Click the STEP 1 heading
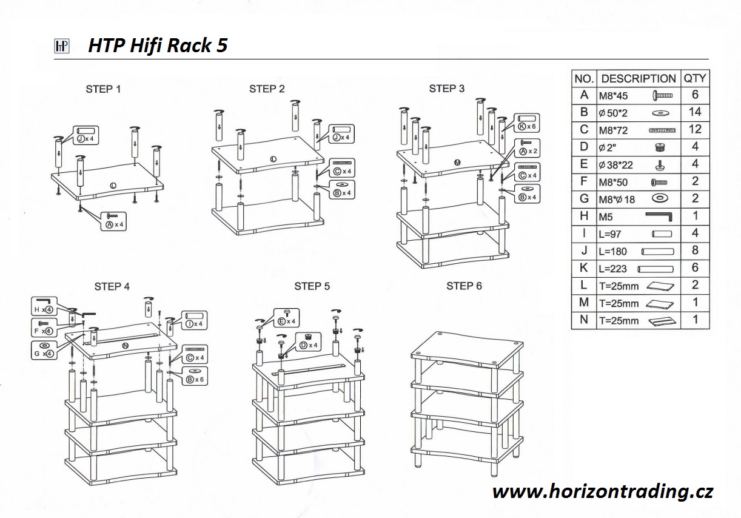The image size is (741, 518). click(103, 89)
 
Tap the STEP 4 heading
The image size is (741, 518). click(112, 286)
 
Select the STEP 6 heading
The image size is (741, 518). click(464, 286)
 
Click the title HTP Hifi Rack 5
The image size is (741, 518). click(158, 45)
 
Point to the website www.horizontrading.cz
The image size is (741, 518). click(602, 491)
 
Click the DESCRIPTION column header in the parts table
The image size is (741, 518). click(638, 78)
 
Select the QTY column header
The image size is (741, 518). click(694, 78)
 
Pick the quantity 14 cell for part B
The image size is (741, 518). click(694, 112)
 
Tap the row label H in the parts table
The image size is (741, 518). click(584, 216)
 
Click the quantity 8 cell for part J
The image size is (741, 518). click(694, 251)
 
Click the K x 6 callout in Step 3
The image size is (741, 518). click(526, 122)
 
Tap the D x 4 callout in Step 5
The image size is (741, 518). click(308, 341)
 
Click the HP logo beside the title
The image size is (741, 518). click(62, 47)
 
